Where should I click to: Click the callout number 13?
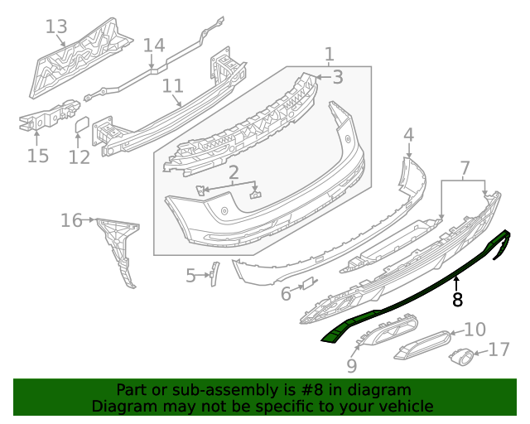(55, 27)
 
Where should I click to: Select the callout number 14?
(154, 46)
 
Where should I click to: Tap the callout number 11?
(172, 86)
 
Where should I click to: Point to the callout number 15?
(37, 156)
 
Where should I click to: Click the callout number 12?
(79, 157)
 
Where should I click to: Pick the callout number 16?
(71, 220)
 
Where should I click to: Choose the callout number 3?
(337, 77)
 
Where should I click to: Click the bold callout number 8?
(457, 299)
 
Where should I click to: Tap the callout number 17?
(499, 350)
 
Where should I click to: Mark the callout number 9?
(352, 364)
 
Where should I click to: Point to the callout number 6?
(286, 294)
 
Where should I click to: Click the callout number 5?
(190, 276)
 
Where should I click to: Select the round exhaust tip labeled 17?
(461, 358)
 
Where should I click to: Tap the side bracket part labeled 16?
(118, 248)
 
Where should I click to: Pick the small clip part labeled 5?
(212, 273)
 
